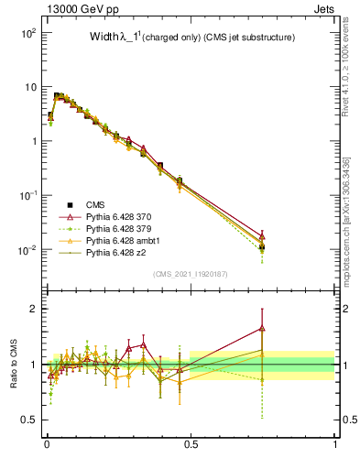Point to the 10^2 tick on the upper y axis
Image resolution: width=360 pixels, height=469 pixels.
pos(28,33)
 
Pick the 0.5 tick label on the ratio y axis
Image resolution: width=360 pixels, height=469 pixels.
pos(30,420)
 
